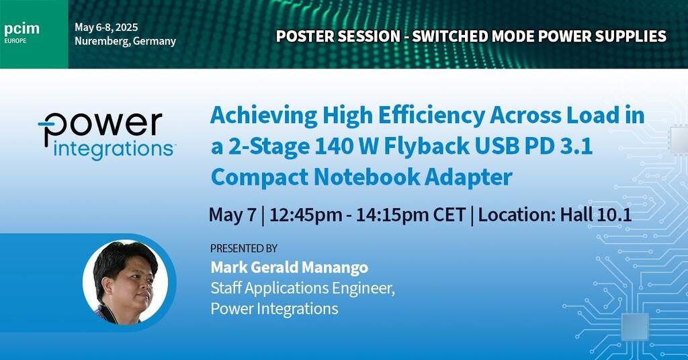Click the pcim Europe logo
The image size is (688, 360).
coord(21,33)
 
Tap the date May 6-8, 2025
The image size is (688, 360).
coord(106,27)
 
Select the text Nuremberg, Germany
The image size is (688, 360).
coord(125,41)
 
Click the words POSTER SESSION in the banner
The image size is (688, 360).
coord(338,36)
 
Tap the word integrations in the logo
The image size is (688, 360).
coord(113,150)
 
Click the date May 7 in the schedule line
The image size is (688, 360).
coord(232,215)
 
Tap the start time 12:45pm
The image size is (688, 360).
coord(306,215)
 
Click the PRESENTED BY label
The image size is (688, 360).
coord(243,249)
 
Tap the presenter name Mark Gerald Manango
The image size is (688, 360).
coord(289,267)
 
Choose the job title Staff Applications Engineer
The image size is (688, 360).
coord(302,288)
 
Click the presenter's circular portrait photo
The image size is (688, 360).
coord(126,281)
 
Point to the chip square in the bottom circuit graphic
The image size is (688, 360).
coord(635,326)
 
